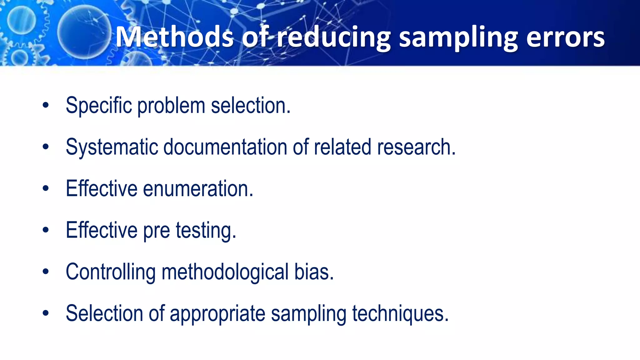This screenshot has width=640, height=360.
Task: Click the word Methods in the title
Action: coord(174,37)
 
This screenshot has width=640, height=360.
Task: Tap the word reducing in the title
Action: coord(334,37)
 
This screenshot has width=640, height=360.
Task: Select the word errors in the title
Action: coord(565,37)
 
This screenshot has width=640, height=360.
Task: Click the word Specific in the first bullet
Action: coord(99,105)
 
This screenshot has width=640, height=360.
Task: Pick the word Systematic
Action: coord(112,147)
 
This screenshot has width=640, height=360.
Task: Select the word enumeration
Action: coord(198,188)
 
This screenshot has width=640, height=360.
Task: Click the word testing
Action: coord(206,230)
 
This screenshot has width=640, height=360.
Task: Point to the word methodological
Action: coord(225,272)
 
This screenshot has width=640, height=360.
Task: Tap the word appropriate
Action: coord(217,313)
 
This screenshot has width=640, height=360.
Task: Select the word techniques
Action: coord(400,313)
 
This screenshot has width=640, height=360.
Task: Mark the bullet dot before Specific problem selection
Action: coord(46,105)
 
